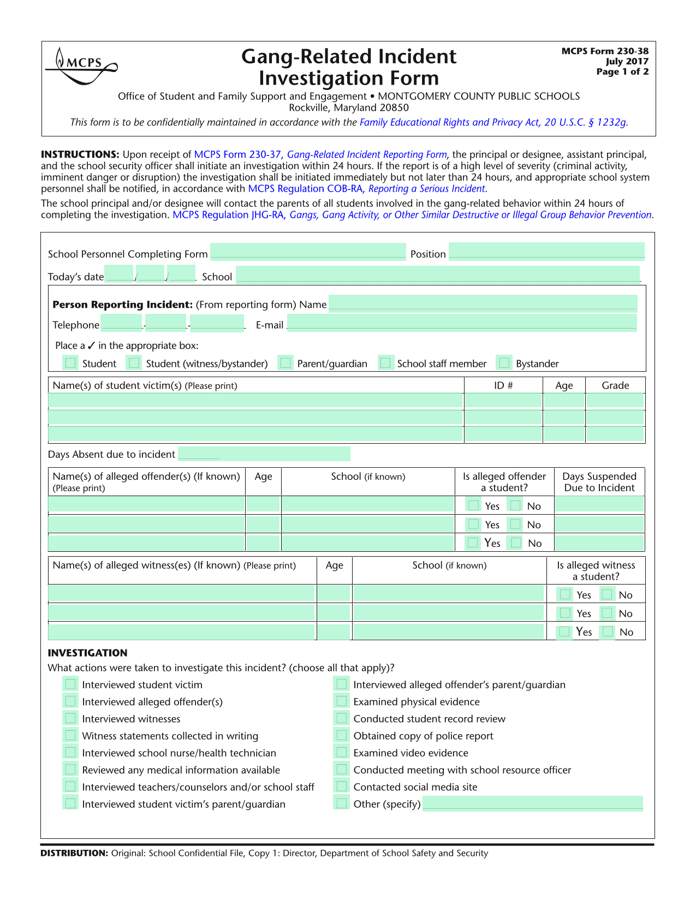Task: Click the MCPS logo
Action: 81,65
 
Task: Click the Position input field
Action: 546,251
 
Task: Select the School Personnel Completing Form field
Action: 308,251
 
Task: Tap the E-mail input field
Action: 462,323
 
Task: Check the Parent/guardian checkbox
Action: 285,363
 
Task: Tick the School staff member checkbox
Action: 385,363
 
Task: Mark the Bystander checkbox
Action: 504,363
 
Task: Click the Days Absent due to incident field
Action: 264,454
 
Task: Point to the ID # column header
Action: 503,385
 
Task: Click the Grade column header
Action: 615,385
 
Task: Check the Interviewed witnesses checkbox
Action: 70,718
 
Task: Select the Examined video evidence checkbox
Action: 342,752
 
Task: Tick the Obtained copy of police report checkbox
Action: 342,735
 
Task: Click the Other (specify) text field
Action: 533,803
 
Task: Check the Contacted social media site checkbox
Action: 342,786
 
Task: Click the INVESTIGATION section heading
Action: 87,653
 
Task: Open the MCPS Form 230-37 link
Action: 237,154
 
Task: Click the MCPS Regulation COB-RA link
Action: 306,189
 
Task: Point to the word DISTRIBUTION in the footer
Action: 74,853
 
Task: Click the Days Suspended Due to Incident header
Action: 599,482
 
